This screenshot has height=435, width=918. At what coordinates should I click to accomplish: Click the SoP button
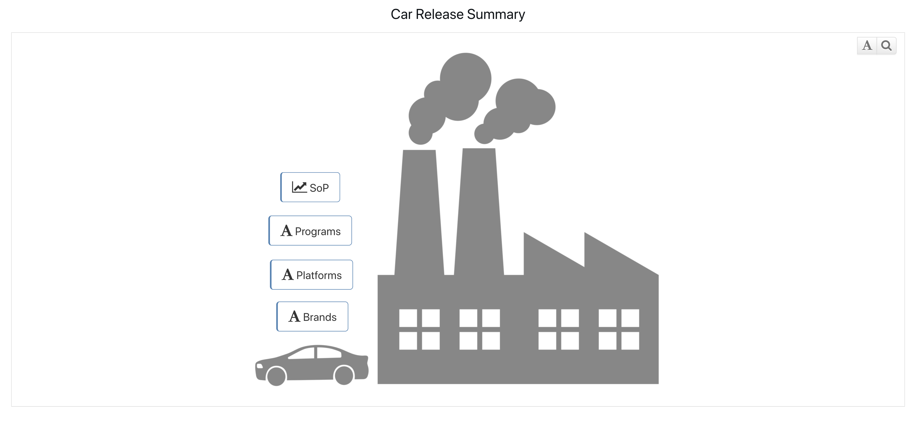tap(310, 188)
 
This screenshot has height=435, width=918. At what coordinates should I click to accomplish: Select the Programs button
tap(310, 231)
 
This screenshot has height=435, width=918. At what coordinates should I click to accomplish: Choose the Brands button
tap(312, 317)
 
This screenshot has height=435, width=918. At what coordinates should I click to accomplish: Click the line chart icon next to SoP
tap(299, 187)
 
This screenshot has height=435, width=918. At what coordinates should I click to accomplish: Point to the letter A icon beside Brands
tap(294, 316)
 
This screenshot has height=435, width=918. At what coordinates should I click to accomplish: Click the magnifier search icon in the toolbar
tap(886, 45)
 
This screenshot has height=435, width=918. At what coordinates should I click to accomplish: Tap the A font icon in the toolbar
tap(867, 45)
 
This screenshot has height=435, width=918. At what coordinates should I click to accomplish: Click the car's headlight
tap(260, 366)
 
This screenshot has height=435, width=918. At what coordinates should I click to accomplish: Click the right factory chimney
tap(479, 214)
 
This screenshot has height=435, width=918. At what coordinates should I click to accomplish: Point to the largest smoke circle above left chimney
tap(465, 78)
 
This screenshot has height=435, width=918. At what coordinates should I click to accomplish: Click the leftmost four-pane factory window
tap(420, 330)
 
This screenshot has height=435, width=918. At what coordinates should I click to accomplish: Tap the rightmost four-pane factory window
tap(619, 330)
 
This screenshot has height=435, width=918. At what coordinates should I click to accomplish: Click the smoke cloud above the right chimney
tap(520, 107)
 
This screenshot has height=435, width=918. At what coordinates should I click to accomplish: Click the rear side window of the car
tap(329, 353)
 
